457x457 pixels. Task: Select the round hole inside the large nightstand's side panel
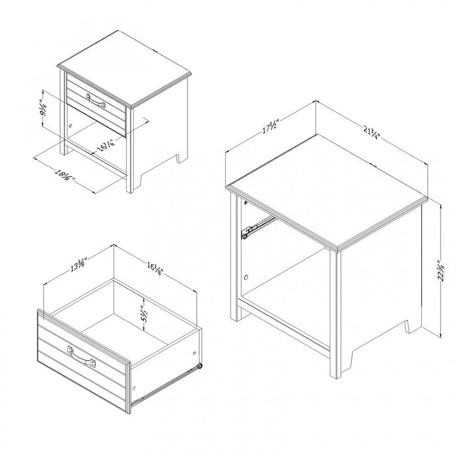(x=245, y=278)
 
